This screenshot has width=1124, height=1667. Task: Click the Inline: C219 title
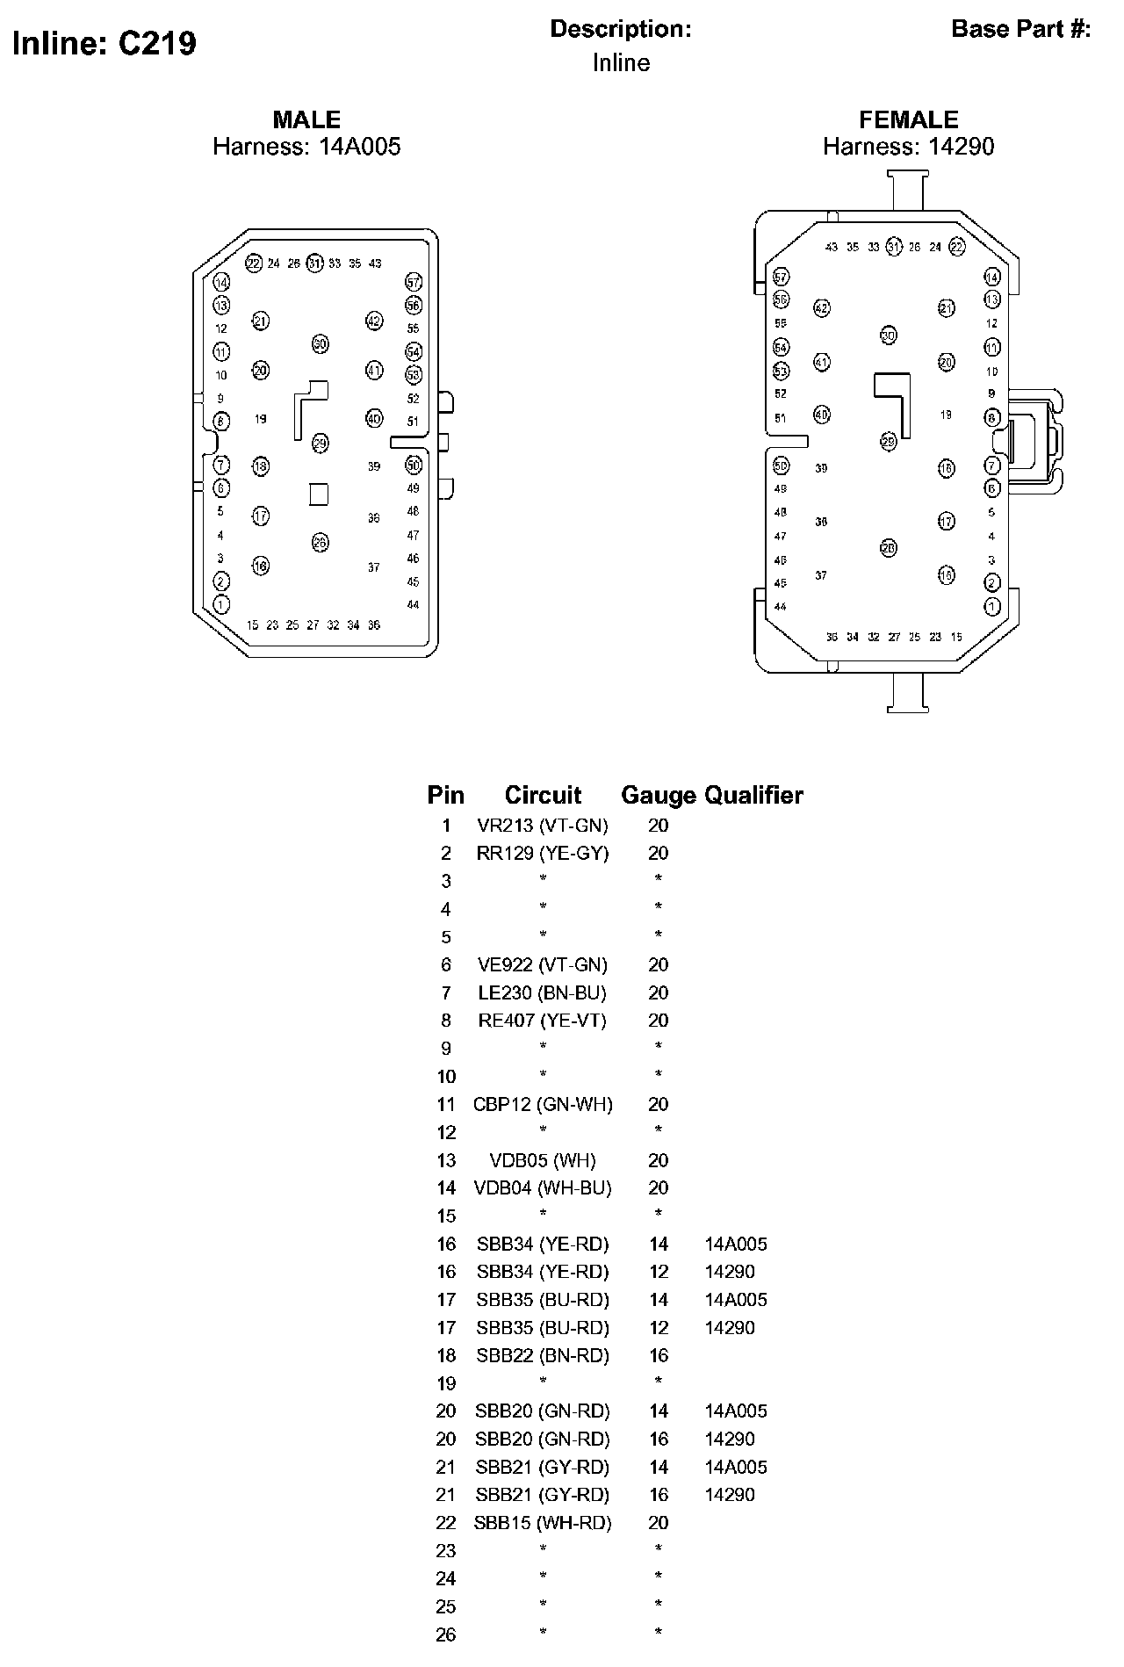104,43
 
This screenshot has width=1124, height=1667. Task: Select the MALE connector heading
306,119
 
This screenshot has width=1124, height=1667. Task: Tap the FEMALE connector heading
908,119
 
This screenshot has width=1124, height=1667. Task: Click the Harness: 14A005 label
306,146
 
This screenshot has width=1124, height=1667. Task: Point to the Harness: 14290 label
908,146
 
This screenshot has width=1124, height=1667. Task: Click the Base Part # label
1020,29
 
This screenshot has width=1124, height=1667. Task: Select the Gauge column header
658,795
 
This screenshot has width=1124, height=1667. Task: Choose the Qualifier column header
754,795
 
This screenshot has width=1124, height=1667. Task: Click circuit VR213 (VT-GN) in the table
543,826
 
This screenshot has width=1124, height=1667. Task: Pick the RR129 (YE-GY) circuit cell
543,853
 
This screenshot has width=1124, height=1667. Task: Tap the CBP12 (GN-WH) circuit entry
543,1104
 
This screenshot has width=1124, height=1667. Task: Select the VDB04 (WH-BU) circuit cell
543,1187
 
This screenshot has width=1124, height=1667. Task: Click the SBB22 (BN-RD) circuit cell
543,1355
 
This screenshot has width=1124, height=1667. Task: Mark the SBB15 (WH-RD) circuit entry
543,1522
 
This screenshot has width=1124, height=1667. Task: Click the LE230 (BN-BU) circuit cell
543,992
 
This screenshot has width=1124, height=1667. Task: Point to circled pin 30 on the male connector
320,344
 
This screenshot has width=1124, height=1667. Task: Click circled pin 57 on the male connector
414,282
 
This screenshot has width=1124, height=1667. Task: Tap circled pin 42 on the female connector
821,308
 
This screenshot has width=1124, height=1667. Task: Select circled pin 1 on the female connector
992,606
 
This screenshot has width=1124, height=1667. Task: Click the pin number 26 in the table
446,1635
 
